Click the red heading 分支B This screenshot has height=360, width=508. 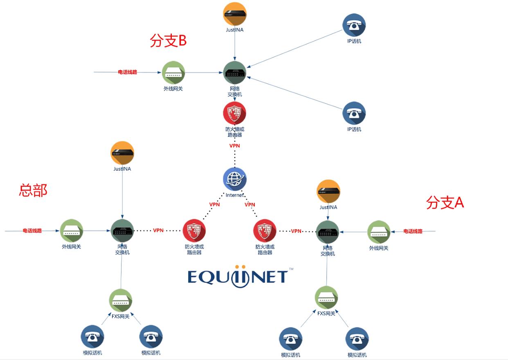point(168,41)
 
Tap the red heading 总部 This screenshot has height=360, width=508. point(33,190)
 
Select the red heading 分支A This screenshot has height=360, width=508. point(445,202)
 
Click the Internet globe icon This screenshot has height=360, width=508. point(235,179)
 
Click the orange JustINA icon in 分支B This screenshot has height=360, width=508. point(235,14)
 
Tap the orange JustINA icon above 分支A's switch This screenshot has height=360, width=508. point(328,191)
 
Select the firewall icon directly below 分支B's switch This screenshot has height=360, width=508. point(235,113)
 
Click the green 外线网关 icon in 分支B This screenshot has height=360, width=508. point(173,73)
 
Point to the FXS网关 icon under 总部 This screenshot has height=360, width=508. point(121,300)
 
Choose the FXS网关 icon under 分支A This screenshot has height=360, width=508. point(326,298)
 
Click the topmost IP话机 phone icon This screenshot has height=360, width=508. point(354,25)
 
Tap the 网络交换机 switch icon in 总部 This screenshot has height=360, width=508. point(122,231)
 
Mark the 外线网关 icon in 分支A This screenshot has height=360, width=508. point(378,232)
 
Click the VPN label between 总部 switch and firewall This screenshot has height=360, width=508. point(158,230)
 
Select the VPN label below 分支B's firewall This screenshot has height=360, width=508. point(235,145)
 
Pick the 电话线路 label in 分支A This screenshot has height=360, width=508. point(413,231)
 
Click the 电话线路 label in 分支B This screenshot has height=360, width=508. point(128,72)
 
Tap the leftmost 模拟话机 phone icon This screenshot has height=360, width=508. point(92,337)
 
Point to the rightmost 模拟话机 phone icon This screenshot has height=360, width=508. point(357,339)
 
